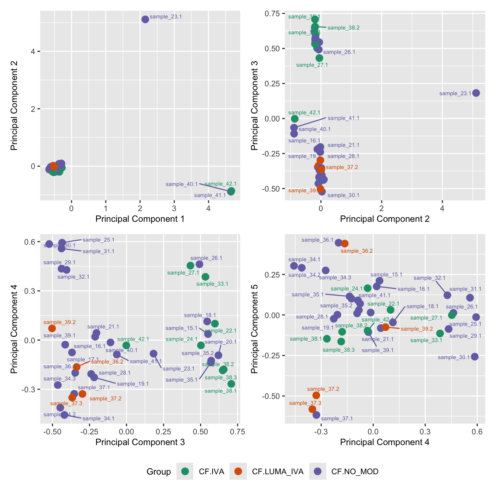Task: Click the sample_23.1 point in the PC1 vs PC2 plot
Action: click(145, 19)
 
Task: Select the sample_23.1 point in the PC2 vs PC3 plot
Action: click(476, 93)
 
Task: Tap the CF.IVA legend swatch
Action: click(185, 471)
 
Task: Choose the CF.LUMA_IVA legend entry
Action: click(278, 471)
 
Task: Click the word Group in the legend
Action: click(159, 472)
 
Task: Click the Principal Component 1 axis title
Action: click(140, 219)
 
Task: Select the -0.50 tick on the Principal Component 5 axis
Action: click(272, 396)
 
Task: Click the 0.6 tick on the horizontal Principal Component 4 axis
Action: click(477, 432)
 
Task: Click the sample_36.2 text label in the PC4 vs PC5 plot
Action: click(356, 251)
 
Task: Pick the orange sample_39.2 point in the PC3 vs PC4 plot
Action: click(52, 328)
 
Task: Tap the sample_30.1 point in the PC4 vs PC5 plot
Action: click(475, 356)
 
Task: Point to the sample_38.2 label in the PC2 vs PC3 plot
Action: click(343, 28)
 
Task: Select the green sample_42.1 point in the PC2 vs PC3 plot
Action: click(294, 119)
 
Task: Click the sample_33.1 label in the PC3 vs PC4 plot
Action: click(212, 284)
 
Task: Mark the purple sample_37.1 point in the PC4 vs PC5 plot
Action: click(316, 415)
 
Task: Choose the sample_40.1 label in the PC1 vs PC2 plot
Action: click(182, 184)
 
